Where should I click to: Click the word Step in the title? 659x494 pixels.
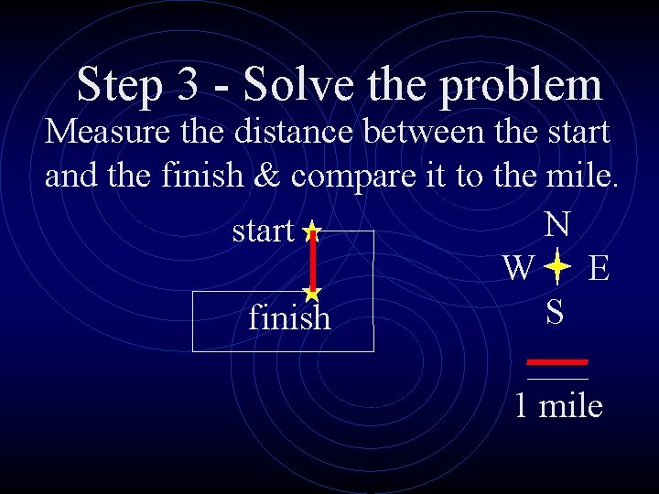coord(120,85)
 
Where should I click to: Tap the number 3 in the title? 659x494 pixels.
coord(190,84)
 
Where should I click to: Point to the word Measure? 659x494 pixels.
coord(104,132)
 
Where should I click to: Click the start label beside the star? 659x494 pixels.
coord(263,231)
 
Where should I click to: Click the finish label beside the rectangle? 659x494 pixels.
coord(289,317)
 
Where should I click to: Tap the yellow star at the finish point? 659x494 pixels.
coord(312,294)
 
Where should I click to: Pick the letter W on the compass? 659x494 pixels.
coord(519,268)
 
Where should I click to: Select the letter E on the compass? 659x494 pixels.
coord(600,269)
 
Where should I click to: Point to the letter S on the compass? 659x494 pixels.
coord(555,312)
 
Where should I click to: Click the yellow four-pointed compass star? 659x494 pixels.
coord(556,268)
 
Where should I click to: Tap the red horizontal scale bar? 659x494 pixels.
coord(557,361)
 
